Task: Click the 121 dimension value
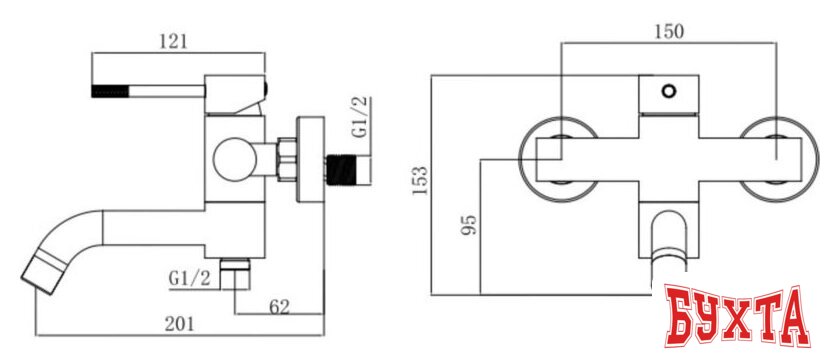coord(173,42)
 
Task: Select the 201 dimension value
coord(179,325)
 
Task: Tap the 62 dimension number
coord(279,307)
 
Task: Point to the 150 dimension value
coord(670,32)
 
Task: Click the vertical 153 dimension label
coord(420,181)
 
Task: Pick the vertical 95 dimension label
coord(469,225)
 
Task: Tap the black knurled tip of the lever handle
coord(110,91)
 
